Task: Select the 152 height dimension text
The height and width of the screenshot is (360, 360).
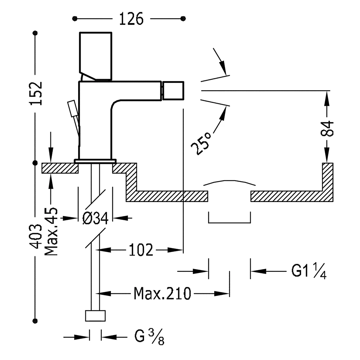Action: coord(36,93)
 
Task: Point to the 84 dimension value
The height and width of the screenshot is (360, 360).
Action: coord(327,129)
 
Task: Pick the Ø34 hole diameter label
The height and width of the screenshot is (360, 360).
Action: coord(95,218)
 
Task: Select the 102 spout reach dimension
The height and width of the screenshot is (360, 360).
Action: coord(141,249)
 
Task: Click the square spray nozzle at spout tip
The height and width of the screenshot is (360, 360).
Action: coord(173,90)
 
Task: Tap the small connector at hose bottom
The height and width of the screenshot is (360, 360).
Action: coord(95,315)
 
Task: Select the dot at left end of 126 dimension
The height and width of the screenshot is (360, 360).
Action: coord(75,18)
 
